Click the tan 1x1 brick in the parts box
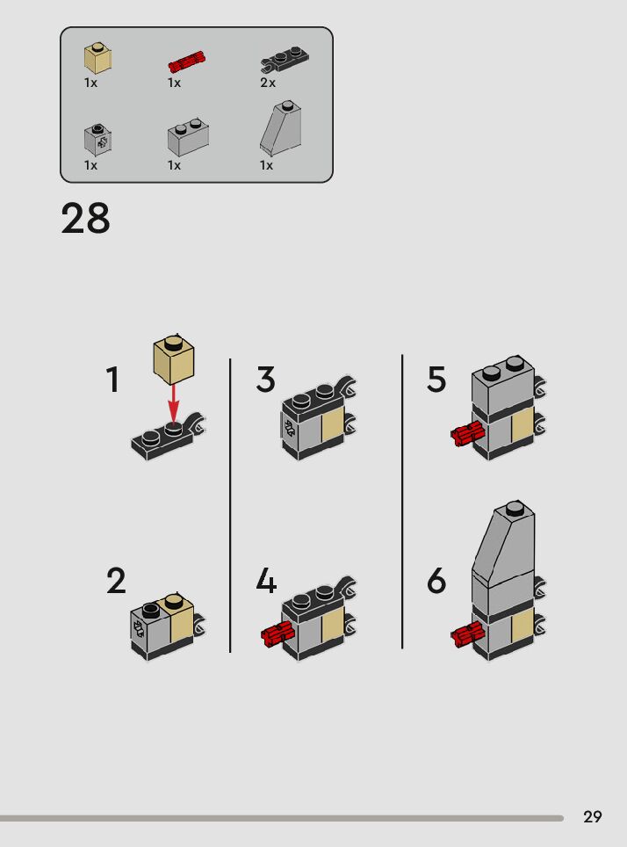tap(97, 60)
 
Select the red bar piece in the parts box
tap(187, 62)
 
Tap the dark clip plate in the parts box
tap(284, 59)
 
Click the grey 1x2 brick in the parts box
tap(188, 137)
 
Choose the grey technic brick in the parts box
tap(97, 139)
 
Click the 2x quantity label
tap(268, 83)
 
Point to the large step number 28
tap(85, 218)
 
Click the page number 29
tap(593, 816)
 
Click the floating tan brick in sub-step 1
tap(174, 358)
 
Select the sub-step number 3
tap(265, 379)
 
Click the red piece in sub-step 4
tap(277, 633)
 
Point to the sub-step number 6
tap(436, 581)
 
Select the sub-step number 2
tap(116, 581)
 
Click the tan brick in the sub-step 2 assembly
tap(182, 618)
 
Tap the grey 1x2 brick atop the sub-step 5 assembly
tap(503, 385)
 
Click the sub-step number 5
tap(436, 379)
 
